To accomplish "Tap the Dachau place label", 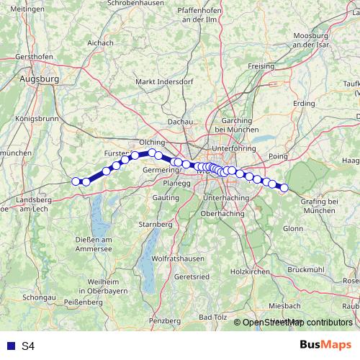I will (x=180, y=122).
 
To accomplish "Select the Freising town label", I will (x=261, y=66).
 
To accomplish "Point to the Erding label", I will (x=304, y=104).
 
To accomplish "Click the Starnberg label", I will (x=157, y=225).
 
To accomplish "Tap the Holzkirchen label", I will (x=249, y=271).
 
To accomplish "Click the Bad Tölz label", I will (x=213, y=318).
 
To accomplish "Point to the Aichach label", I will (x=100, y=42).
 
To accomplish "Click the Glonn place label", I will (x=293, y=228).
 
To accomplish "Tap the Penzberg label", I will (x=163, y=319).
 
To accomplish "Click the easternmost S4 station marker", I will (x=284, y=188).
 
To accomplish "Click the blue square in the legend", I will (x=9, y=346).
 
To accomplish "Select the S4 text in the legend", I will (x=27, y=346).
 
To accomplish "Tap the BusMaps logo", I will (x=325, y=346).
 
